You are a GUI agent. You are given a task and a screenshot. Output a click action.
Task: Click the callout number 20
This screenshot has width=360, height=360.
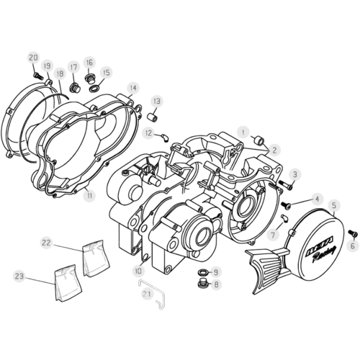[x=33, y=58]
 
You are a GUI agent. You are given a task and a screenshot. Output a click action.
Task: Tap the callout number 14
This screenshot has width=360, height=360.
[x=133, y=88]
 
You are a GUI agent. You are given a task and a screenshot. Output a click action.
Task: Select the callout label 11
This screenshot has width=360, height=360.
[x=89, y=196]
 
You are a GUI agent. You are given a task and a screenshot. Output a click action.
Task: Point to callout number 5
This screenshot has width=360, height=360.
[x=334, y=205]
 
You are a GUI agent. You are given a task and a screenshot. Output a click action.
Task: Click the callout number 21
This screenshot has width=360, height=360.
[x=147, y=294]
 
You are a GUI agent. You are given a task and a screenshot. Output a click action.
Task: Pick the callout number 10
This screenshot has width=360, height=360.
[x=138, y=271]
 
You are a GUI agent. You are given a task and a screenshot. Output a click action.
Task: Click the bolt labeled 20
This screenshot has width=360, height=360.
[x=38, y=76]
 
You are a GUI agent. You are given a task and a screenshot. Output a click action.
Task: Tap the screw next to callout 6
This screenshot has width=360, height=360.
[x=352, y=233]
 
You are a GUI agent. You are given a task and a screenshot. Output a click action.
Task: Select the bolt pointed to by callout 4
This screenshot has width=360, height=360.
[x=286, y=204]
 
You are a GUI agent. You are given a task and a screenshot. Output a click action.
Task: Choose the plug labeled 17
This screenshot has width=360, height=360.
[x=74, y=88]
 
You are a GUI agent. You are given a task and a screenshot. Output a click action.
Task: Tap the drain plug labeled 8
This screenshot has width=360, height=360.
[x=202, y=284]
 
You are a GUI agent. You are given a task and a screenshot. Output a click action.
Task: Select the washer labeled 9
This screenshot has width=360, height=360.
[x=203, y=272]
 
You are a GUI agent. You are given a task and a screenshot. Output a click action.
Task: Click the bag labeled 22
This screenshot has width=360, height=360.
[x=96, y=258]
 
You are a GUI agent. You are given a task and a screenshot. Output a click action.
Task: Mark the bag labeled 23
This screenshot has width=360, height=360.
[x=68, y=283]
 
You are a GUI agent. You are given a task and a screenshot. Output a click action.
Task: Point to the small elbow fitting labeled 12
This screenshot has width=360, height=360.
[x=166, y=137]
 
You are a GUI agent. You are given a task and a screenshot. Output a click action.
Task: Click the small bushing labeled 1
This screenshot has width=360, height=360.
[x=259, y=140]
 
